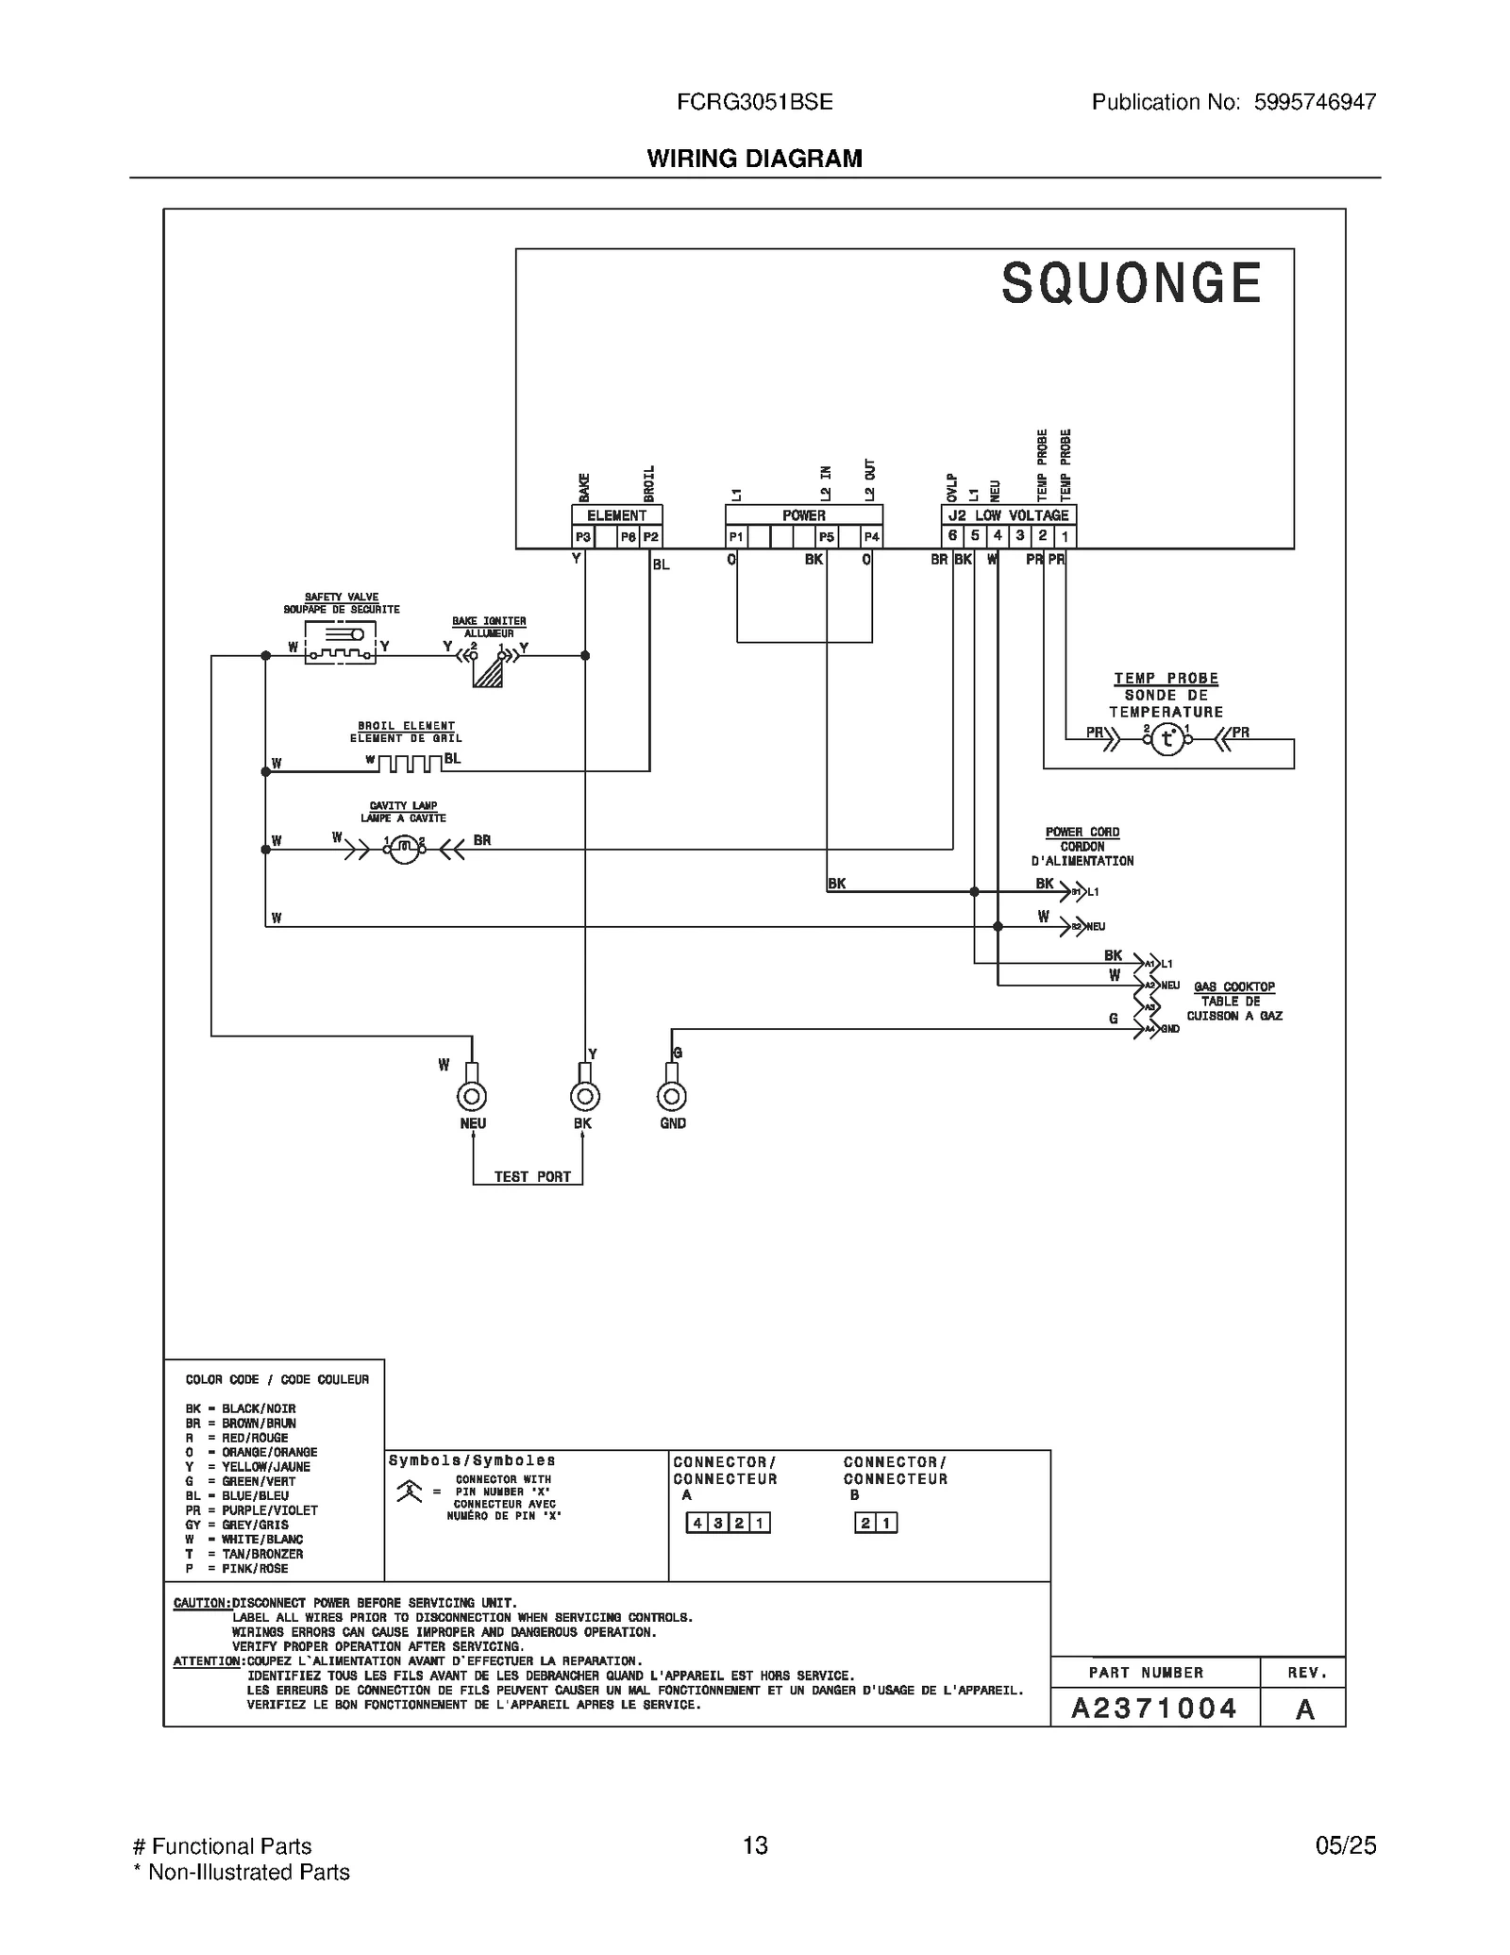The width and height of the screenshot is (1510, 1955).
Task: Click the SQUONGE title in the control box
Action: [1131, 283]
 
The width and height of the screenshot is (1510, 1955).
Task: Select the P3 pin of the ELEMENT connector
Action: [583, 537]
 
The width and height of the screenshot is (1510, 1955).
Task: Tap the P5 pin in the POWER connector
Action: [827, 537]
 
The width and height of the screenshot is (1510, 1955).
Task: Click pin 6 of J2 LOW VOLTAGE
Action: [952, 536]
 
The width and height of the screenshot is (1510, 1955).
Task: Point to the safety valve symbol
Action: [341, 643]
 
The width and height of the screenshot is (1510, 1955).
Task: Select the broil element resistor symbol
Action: [410, 762]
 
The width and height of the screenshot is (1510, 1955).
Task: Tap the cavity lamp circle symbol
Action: [404, 850]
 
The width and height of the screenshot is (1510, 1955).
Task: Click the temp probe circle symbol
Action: [1167, 739]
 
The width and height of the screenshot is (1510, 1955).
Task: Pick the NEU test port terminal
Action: [472, 1096]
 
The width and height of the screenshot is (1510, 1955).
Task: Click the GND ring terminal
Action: [672, 1096]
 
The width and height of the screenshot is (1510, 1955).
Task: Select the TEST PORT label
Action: [532, 1177]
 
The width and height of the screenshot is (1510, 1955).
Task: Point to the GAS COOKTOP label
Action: [1234, 986]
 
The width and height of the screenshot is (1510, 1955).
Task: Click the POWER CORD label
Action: [1082, 832]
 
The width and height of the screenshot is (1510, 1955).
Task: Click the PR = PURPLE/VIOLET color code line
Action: [252, 1510]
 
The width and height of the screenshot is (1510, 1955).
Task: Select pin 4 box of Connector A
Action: [696, 1523]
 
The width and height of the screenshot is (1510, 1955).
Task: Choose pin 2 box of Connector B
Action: [865, 1523]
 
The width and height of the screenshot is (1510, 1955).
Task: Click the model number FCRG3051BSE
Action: [754, 102]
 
